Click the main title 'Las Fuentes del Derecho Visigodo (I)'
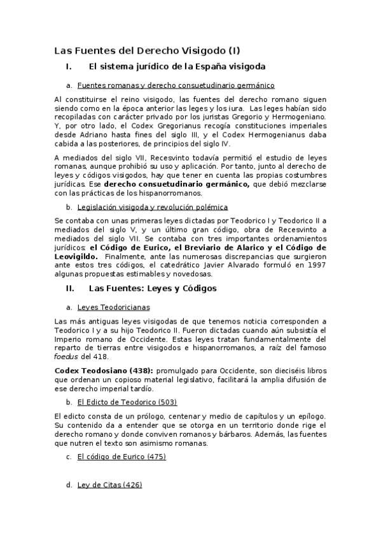coord(148,50)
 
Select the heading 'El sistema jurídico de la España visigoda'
coord(177,66)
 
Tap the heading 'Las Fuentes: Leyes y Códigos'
coord(153,288)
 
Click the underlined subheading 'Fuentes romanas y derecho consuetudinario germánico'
coord(176,85)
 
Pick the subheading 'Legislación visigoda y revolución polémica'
coord(152,207)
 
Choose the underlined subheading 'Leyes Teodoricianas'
coord(113,306)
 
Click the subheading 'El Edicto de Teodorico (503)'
coord(127,402)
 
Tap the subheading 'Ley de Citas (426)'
coord(109,485)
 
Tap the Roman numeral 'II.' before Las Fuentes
coord(71,288)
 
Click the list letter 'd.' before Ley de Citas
coord(69,485)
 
